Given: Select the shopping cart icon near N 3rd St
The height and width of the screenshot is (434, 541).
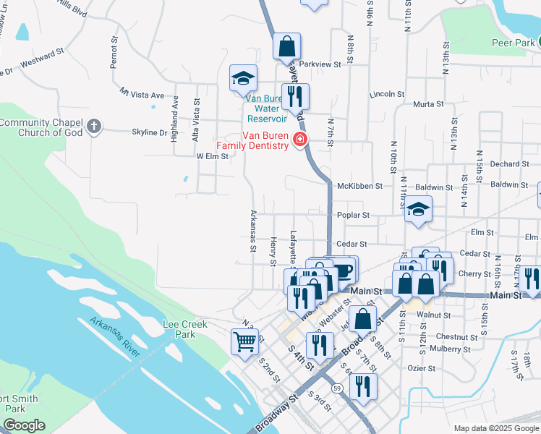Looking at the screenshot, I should pos(245,341).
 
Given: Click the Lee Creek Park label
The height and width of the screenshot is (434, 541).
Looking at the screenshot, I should pos(179,329).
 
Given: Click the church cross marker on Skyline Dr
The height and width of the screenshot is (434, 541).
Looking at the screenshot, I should pos(93,127).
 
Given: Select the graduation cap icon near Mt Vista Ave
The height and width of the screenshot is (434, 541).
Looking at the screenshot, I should pos(243,78).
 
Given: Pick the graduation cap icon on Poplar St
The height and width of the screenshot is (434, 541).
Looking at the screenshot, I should pos(418,209).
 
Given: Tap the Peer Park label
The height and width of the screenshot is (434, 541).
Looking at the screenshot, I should pos(513,43).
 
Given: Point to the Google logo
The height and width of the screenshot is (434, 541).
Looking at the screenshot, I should pos(24,425).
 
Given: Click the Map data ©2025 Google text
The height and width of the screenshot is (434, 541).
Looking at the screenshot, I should pos(496,428).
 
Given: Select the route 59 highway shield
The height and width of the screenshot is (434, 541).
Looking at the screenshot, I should pos(338,388).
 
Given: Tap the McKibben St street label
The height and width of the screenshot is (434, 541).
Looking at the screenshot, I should pos(359,186).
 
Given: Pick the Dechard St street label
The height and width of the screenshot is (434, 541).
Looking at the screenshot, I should pos(504,164).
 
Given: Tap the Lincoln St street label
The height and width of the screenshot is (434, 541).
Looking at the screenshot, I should pos(385,94).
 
